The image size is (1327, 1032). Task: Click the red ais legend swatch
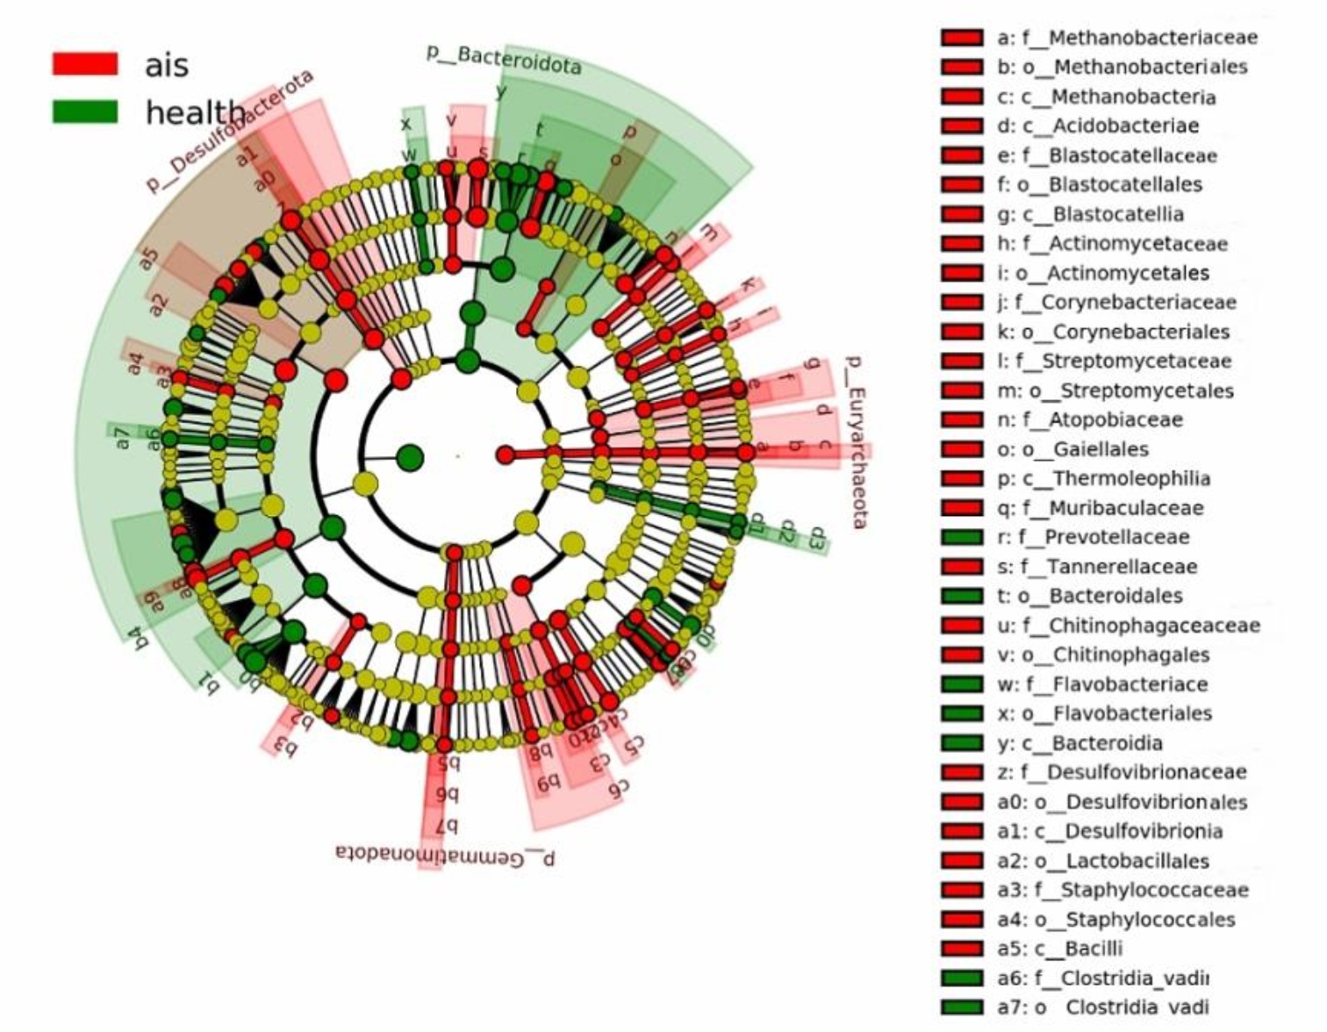85,63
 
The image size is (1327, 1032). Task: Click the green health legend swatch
85,111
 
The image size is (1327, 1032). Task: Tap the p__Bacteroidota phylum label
504,60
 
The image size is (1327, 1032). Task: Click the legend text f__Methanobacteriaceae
1127,38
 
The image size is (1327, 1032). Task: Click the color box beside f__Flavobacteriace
962,684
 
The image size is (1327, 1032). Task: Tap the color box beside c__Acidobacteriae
962,125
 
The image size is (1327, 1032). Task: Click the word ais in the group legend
167,65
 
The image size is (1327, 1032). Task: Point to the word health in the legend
195,112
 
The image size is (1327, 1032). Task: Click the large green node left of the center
410,457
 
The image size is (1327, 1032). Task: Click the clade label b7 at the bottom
448,825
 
